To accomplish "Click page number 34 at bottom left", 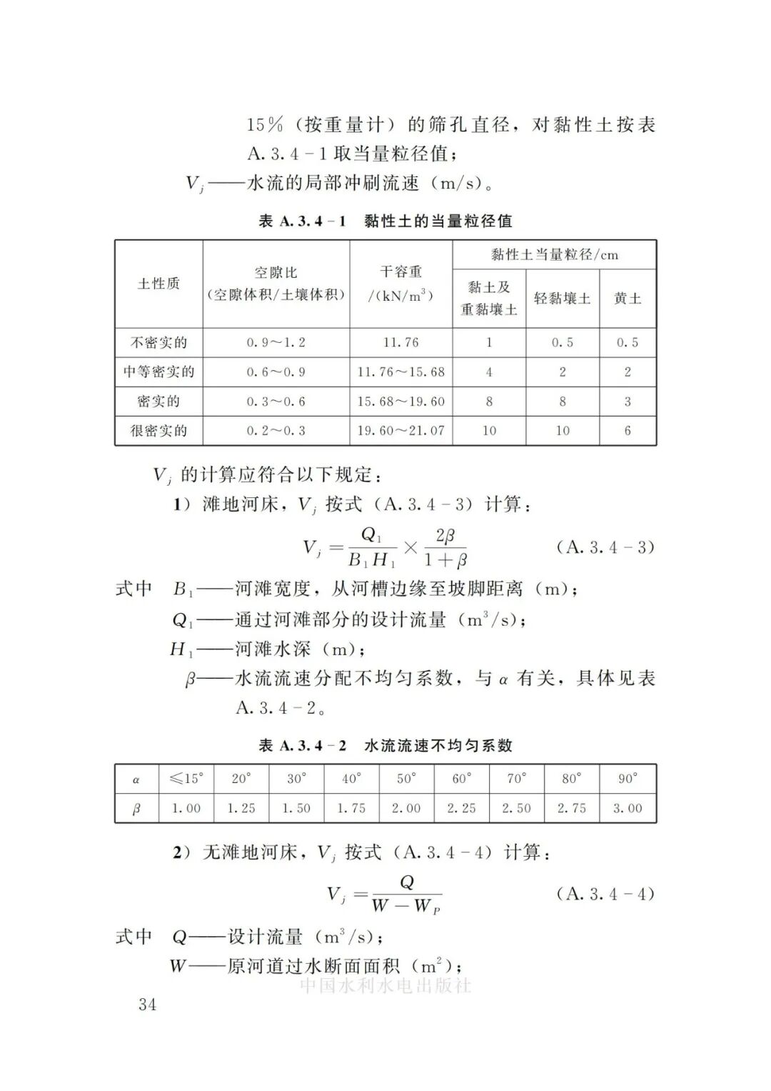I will [147, 1005].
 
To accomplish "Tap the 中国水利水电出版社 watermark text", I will [385, 986].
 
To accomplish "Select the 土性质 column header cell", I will [158, 284].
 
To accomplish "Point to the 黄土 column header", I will [628, 299].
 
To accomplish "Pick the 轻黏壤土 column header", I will [563, 299].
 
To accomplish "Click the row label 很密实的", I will [158, 431].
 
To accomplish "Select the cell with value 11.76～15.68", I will [400, 372].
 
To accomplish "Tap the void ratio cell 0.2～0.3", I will [276, 431].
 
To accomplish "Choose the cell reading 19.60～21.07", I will [400, 431].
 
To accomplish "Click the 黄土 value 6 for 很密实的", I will [628, 431].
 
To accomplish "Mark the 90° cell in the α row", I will [628, 779].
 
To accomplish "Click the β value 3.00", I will [628, 808].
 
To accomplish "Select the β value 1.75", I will [351, 808].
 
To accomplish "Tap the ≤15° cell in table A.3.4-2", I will [186, 779].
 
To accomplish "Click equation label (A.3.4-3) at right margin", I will [605, 547].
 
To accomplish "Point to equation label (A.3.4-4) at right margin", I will [605, 894].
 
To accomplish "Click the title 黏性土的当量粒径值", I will [438, 221].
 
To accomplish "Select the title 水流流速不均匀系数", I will [438, 746].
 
